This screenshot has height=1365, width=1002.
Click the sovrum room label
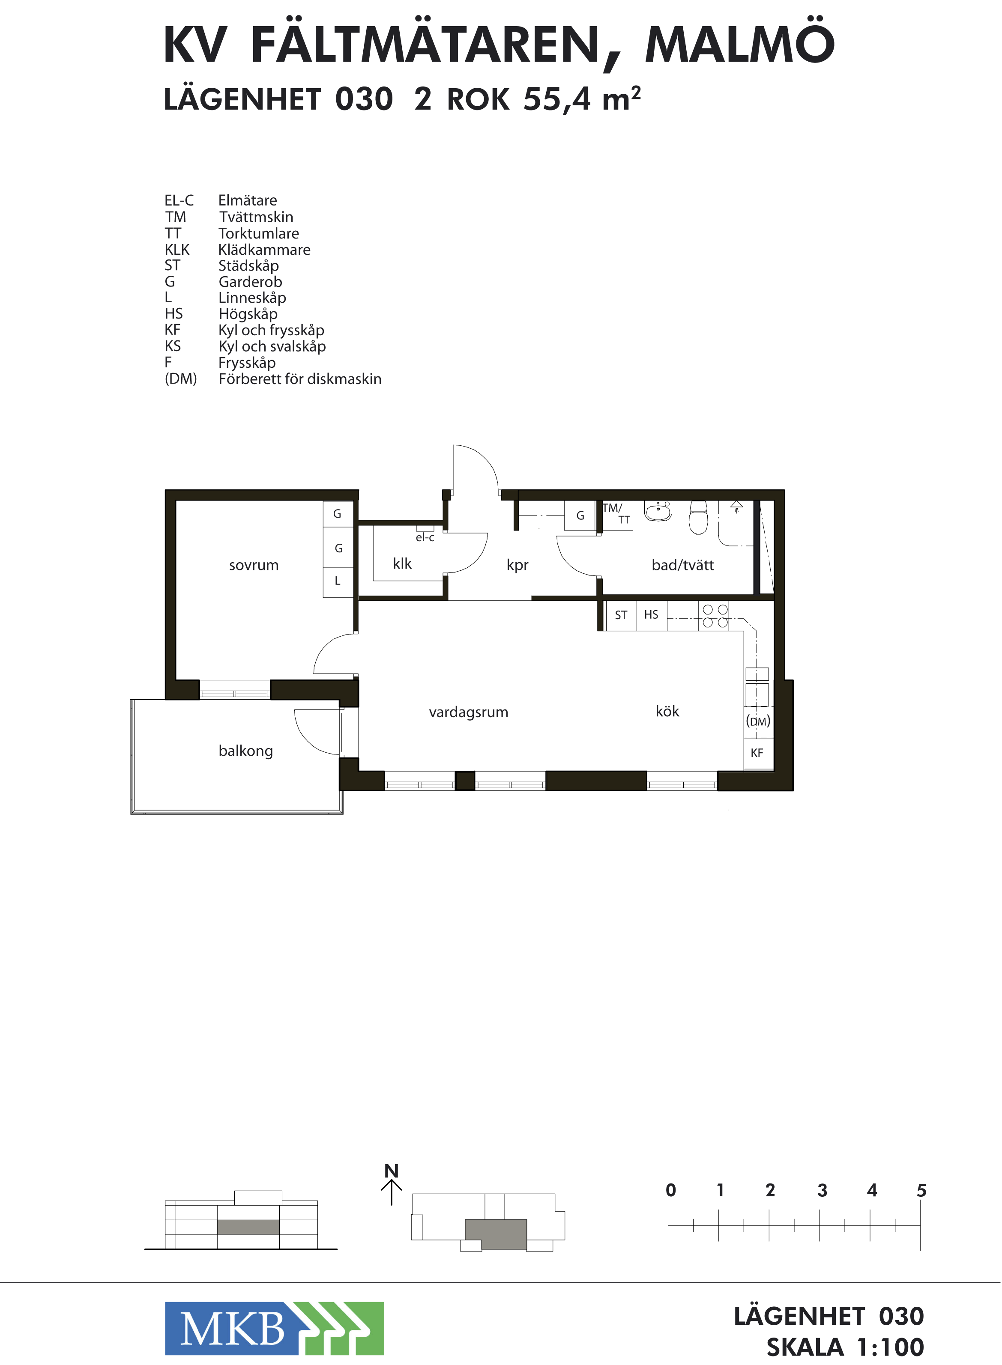pos(254,565)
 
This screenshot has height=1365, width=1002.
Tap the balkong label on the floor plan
pos(245,751)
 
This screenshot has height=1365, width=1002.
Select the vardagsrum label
pos(468,712)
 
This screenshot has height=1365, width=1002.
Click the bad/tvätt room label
pos(682,564)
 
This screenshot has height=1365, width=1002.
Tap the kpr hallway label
pos(517,565)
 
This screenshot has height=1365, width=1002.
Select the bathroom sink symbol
pos(658,511)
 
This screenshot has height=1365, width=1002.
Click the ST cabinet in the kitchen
pos(621,616)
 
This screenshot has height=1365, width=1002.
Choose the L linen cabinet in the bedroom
pos(338,582)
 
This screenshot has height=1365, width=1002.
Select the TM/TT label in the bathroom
pos(616,513)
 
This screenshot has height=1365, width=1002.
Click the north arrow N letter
pos(392,1171)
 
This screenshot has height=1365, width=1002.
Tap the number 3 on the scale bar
pos(822,1190)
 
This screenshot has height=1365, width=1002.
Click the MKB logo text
pos(232,1330)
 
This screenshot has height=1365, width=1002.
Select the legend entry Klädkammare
pos(264,250)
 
